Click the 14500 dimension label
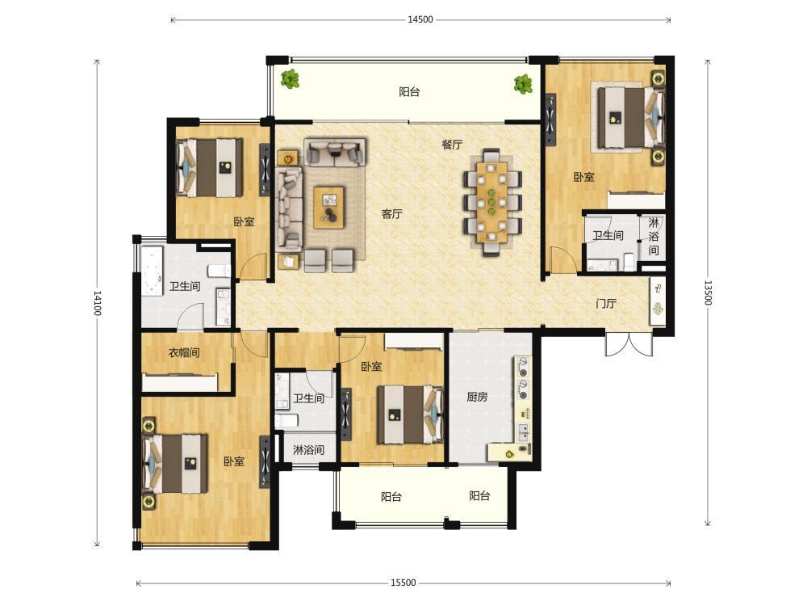pyautogui.click(x=420, y=19)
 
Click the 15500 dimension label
pyautogui.click(x=403, y=583)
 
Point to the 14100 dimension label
pyautogui.click(x=98, y=303)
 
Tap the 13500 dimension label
pyautogui.click(x=708, y=292)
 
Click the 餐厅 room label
pyautogui.click(x=452, y=145)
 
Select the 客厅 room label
pyautogui.click(x=391, y=214)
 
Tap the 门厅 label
pyautogui.click(x=606, y=304)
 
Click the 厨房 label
pyautogui.click(x=477, y=397)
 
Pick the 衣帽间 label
pyautogui.click(x=184, y=353)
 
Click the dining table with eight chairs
pyautogui.click(x=492, y=202)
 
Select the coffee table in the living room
pyautogui.click(x=329, y=208)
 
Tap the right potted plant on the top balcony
pyautogui.click(x=523, y=83)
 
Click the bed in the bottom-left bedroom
pyautogui.click(x=175, y=463)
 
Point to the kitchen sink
pyautogui.click(x=523, y=431)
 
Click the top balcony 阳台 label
pyautogui.click(x=410, y=92)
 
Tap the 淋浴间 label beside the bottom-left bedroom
pyautogui.click(x=308, y=450)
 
